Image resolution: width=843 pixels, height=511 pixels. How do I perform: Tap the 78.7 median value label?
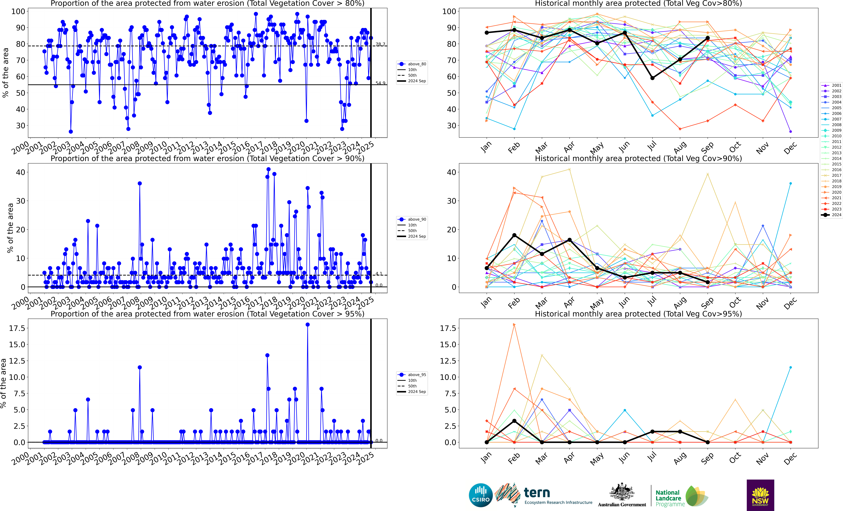coord(380,44)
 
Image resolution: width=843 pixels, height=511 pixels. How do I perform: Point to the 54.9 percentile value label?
coord(380,83)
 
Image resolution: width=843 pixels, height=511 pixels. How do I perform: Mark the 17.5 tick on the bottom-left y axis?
coord(17,328)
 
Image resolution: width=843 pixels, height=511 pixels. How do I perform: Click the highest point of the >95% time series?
coord(308,325)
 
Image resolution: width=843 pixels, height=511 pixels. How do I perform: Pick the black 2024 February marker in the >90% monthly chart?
coord(514,235)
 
